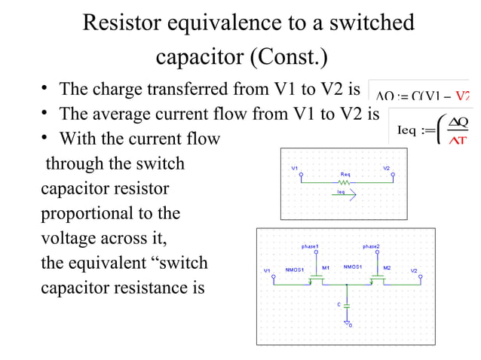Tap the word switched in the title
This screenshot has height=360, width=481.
point(369,23)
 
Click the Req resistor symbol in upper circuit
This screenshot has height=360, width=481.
point(345,182)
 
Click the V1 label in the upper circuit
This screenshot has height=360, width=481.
point(295,167)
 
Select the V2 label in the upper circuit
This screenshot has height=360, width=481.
point(387,167)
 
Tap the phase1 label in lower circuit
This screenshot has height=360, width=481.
point(310,246)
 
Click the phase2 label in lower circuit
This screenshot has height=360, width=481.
point(371,246)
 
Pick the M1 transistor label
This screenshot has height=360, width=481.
point(326,267)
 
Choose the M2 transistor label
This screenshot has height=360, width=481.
point(387,267)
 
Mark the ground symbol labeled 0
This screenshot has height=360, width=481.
point(348,323)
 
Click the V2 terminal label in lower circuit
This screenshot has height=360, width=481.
point(414,270)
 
